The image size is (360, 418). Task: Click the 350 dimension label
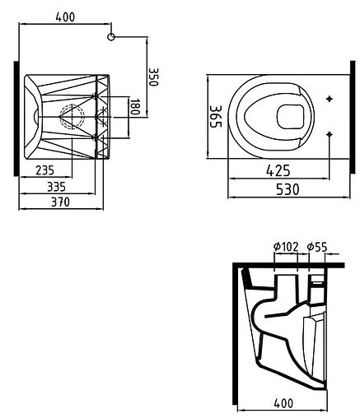(x=152, y=78)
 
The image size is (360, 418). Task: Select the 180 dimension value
(x=135, y=108)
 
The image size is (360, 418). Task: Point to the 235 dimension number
(x=45, y=170)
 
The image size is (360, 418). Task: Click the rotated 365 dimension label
(x=214, y=119)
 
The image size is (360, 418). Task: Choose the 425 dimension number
(x=278, y=173)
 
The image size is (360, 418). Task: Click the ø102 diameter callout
(x=284, y=246)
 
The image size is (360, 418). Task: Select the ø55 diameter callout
(x=317, y=246)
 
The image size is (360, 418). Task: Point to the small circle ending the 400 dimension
(x=112, y=36)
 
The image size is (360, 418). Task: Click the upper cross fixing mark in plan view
(x=330, y=100)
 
